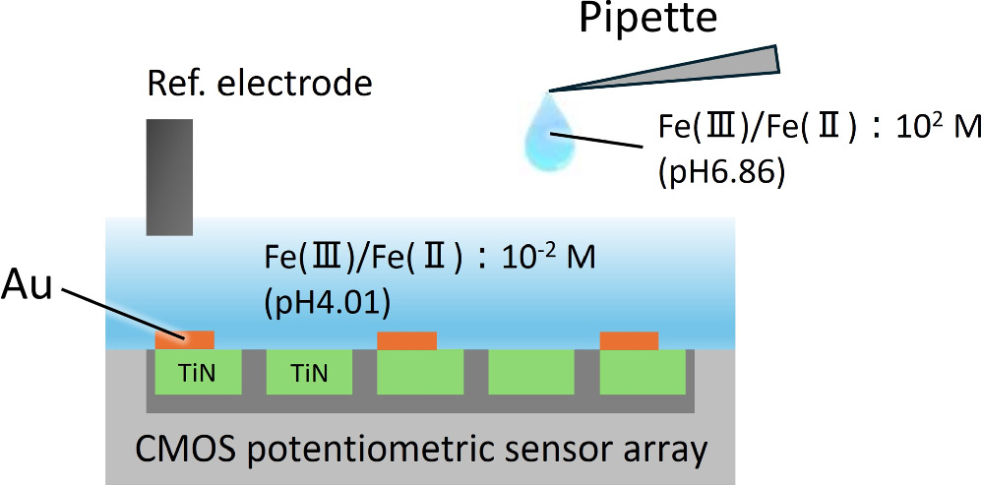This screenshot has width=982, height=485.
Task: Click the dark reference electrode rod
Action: point(169,177)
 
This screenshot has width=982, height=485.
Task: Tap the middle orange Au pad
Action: point(407,340)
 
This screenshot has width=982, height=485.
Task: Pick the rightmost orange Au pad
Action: point(630,340)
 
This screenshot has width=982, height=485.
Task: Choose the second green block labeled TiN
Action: point(309,373)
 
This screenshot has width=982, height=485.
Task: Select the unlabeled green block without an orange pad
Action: point(531,373)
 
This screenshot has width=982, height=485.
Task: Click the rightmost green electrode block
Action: point(643,373)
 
